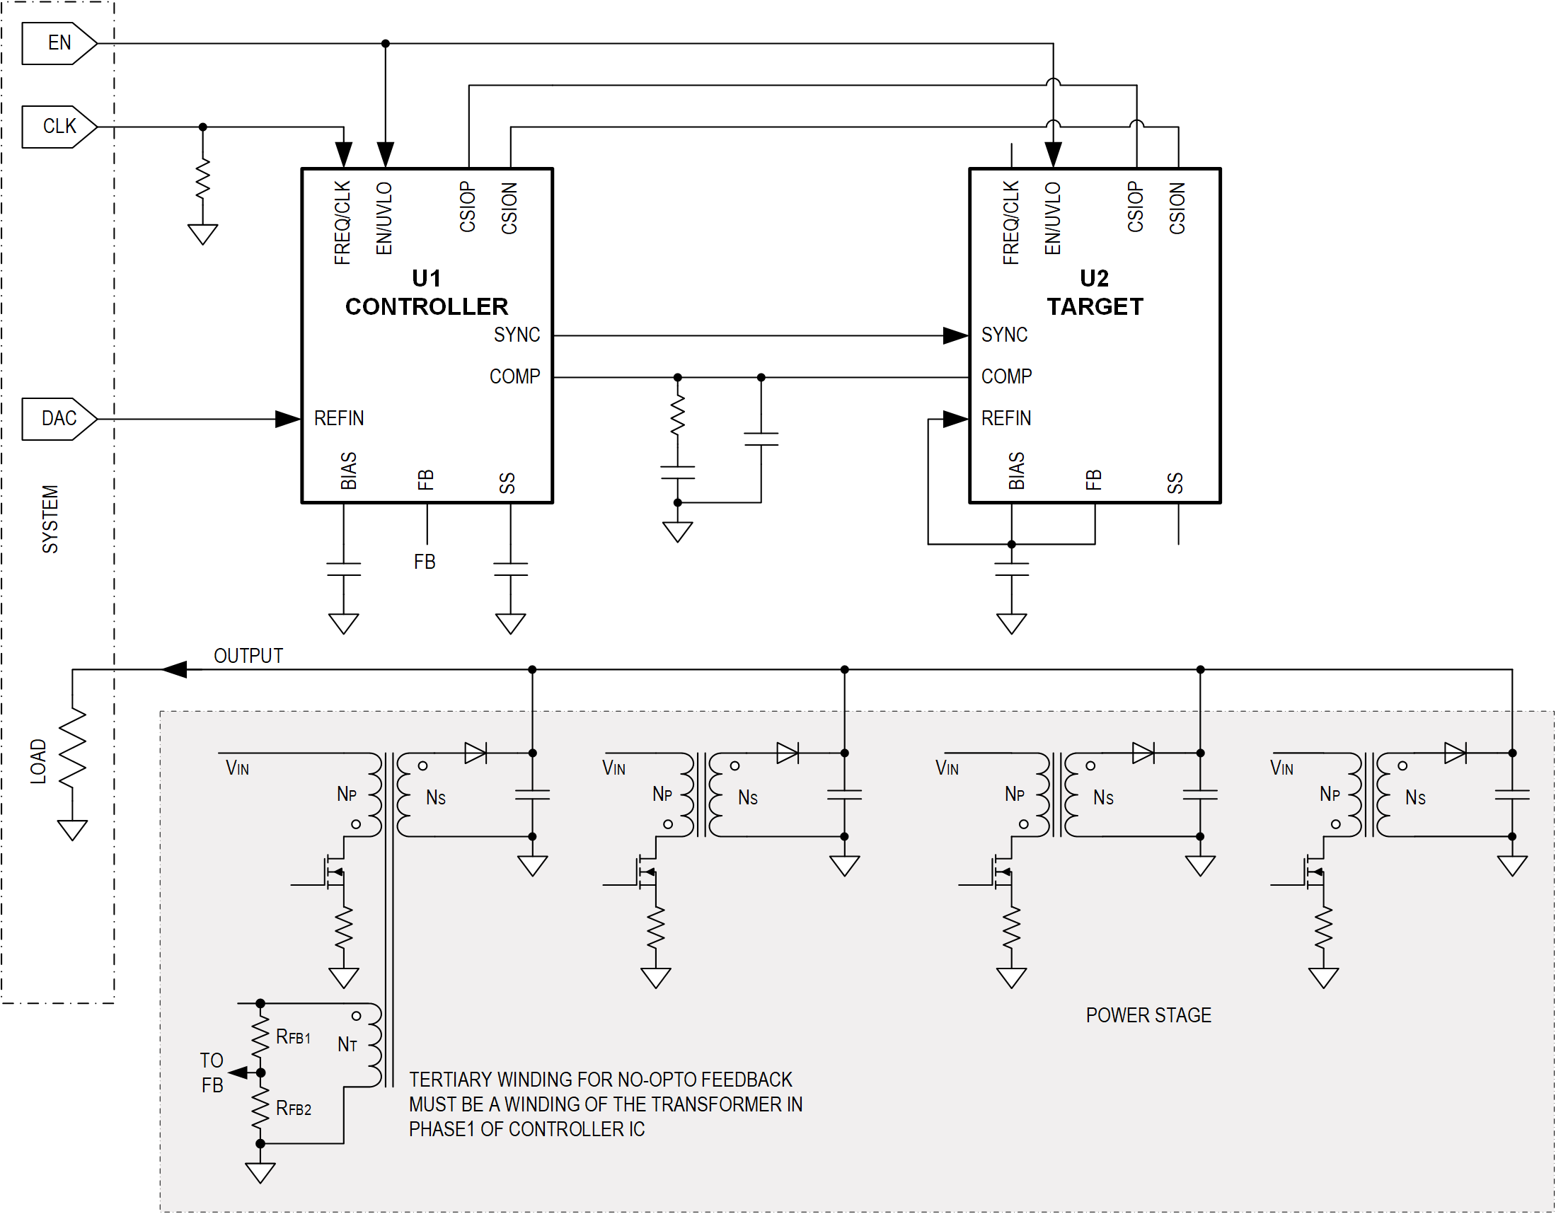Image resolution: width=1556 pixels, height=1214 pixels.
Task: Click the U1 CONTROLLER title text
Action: pyautogui.click(x=426, y=292)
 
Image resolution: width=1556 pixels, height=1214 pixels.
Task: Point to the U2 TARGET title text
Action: pyautogui.click(x=1095, y=292)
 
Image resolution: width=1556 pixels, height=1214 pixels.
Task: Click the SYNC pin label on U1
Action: pyautogui.click(x=517, y=335)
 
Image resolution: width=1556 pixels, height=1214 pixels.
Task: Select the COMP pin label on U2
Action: pyautogui.click(x=1006, y=376)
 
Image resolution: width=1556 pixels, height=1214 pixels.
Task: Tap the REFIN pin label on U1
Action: pyautogui.click(x=338, y=418)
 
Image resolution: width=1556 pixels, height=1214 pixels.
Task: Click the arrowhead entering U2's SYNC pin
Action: pyautogui.click(x=955, y=335)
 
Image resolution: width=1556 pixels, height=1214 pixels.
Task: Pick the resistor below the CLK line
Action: pyautogui.click(x=203, y=178)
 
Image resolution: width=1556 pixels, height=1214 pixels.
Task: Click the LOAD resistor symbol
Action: pyautogui.click(x=73, y=748)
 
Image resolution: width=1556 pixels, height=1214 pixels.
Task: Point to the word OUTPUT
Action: pyautogui.click(x=248, y=655)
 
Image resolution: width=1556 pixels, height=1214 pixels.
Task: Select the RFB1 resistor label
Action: pyautogui.click(x=293, y=1037)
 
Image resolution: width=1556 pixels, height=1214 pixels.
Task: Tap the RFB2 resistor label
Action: pyautogui.click(x=293, y=1109)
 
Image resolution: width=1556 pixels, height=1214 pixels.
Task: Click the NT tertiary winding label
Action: pyautogui.click(x=347, y=1044)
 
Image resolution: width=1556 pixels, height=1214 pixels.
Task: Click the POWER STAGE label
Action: pyautogui.click(x=1148, y=1015)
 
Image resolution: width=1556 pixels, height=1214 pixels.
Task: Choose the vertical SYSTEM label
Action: pyautogui.click(x=50, y=519)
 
